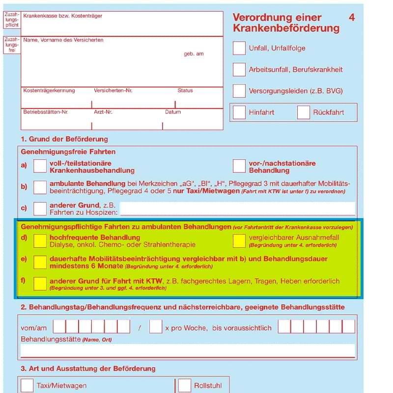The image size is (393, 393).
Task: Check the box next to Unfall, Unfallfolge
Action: pyautogui.click(x=239, y=48)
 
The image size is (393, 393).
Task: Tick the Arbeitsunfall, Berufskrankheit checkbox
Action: pyautogui.click(x=239, y=69)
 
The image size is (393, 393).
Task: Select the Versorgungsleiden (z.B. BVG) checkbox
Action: pyautogui.click(x=239, y=91)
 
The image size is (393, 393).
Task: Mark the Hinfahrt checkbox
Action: pyautogui.click(x=239, y=112)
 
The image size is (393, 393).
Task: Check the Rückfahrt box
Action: pyautogui.click(x=304, y=112)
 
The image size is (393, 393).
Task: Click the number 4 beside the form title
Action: pyautogui.click(x=352, y=18)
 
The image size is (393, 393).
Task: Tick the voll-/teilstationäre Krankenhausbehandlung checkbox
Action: pyautogui.click(x=40, y=166)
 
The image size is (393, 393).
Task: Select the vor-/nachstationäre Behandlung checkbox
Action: pyautogui.click(x=239, y=166)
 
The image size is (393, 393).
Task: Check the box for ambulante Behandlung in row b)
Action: pyautogui.click(x=40, y=187)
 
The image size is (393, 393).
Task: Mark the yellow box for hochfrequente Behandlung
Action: pyautogui.click(x=40, y=241)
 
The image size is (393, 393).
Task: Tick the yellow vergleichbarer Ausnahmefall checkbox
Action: pyautogui.click(x=239, y=241)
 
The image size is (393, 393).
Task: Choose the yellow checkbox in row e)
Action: pyautogui.click(x=40, y=262)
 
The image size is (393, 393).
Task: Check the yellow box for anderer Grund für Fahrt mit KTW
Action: pyautogui.click(x=40, y=283)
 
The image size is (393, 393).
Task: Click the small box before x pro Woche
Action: pyautogui.click(x=156, y=327)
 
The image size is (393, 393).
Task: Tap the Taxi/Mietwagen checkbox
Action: pyautogui.click(x=28, y=385)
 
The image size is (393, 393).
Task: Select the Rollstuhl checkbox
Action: pyautogui.click(x=185, y=385)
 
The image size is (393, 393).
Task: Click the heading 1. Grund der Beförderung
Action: pyautogui.click(x=64, y=139)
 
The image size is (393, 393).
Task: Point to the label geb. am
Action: pyautogui.click(x=194, y=54)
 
